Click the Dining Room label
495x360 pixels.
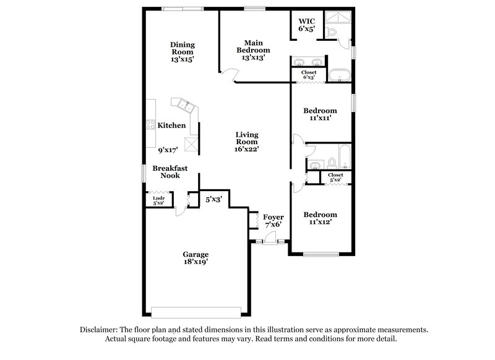(x=183, y=52)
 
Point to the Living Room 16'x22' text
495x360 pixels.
(x=246, y=141)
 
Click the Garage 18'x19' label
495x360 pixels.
(x=195, y=258)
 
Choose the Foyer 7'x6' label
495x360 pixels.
(x=273, y=221)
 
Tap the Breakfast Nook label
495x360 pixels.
(x=170, y=172)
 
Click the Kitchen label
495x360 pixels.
(x=171, y=126)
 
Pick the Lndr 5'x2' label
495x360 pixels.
(x=158, y=200)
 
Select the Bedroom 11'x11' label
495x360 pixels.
(x=320, y=114)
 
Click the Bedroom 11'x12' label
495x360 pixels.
(x=320, y=219)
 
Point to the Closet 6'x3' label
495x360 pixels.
(x=309, y=75)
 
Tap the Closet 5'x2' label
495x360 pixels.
(x=335, y=178)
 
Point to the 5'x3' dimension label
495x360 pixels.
(x=214, y=199)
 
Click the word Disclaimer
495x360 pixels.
(x=100, y=330)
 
